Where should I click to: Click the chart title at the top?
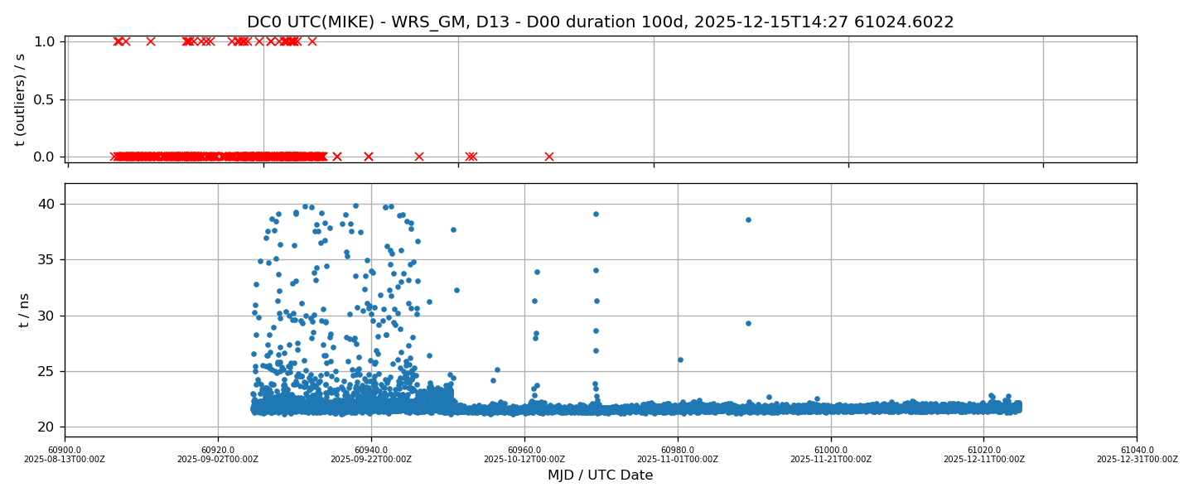[600, 22]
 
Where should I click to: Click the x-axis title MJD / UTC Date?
[600, 475]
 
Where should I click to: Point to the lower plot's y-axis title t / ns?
[24, 309]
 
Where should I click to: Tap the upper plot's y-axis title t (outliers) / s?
[21, 99]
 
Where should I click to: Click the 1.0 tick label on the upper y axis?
[45, 41]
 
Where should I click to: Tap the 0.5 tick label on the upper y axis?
[45, 99]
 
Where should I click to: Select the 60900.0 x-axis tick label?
[65, 451]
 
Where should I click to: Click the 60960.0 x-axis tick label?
[524, 451]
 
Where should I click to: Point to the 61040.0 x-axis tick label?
[1137, 451]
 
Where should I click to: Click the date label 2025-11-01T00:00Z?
[678, 460]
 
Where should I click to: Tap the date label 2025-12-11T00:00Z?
[983, 460]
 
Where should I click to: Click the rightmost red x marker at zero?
[548, 157]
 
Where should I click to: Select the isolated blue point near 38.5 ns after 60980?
[748, 220]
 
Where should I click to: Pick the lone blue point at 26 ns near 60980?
[680, 359]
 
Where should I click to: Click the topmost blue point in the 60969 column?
[596, 214]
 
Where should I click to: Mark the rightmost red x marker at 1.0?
[312, 41]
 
